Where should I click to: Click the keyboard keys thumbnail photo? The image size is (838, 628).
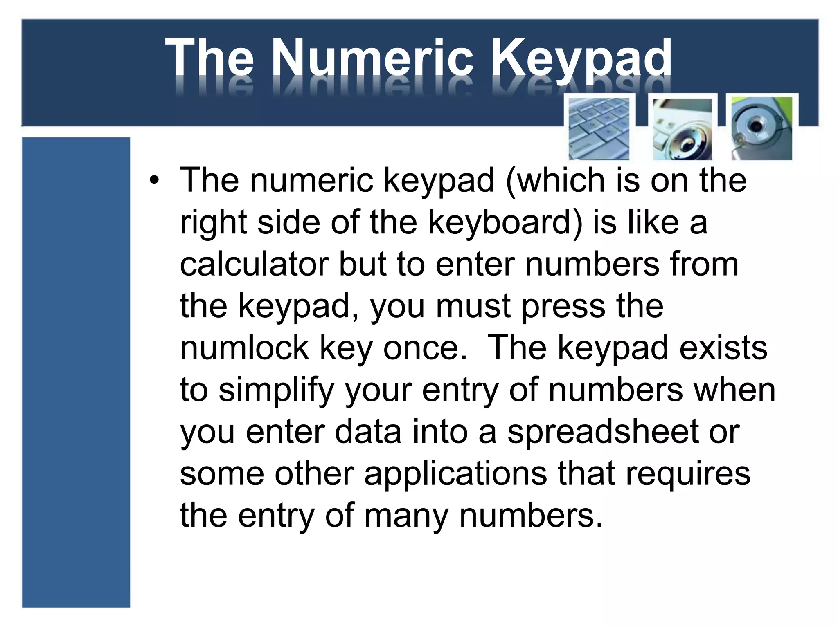[x=599, y=128]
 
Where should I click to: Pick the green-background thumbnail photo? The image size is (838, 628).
[x=761, y=128]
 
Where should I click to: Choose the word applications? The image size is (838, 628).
[x=455, y=474]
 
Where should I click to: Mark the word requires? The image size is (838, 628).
[x=688, y=474]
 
